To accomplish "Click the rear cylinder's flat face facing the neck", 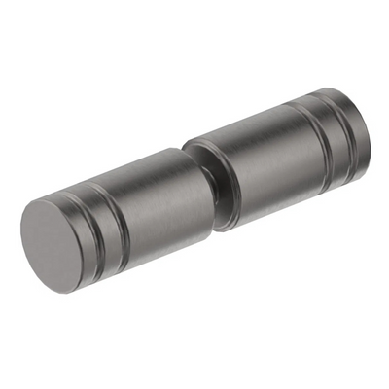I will [230, 180].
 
